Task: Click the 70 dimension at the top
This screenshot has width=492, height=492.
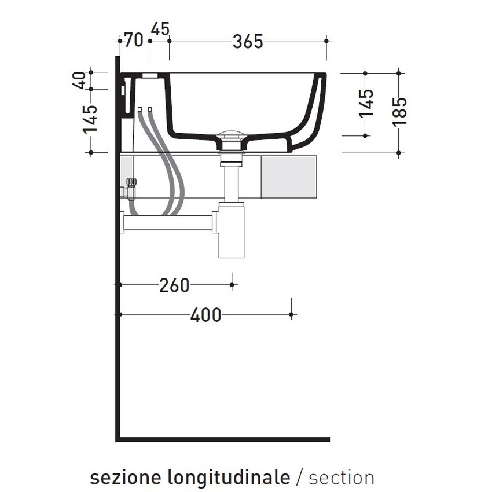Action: (x=134, y=41)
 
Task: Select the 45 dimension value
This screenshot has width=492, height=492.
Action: (x=160, y=28)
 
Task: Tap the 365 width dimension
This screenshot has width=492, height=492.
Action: (x=248, y=42)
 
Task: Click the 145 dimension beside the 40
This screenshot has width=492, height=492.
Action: (x=90, y=119)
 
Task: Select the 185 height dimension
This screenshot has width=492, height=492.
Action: (x=400, y=111)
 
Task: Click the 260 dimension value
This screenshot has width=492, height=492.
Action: (x=174, y=285)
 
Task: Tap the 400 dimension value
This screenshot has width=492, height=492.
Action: (x=205, y=315)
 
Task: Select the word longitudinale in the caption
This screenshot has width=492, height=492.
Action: (x=229, y=478)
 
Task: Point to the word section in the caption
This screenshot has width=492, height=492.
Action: (x=342, y=478)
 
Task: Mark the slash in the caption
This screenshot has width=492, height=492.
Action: (x=299, y=478)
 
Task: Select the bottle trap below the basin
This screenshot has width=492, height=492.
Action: (x=231, y=232)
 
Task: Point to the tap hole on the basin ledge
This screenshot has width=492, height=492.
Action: (x=150, y=75)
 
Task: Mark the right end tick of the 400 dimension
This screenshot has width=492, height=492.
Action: (x=291, y=314)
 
